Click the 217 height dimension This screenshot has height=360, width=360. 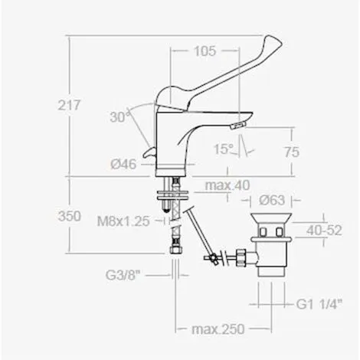[70, 106]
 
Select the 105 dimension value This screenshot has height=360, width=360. [202, 51]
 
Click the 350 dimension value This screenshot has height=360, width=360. [70, 216]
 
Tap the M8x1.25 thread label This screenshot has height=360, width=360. [126, 222]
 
